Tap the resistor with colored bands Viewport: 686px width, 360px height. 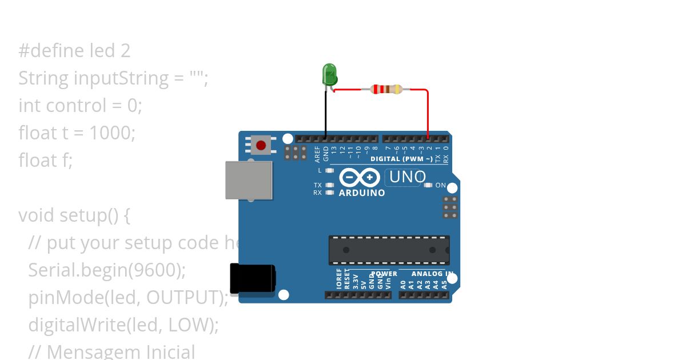coord(386,89)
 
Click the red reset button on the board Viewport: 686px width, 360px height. coord(262,145)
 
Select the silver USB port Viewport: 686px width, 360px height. coord(248,180)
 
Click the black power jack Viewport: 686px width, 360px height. coord(252,278)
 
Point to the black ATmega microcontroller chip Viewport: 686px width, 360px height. coord(389,250)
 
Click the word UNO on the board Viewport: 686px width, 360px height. coord(407,177)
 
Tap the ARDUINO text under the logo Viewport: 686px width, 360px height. coord(362,193)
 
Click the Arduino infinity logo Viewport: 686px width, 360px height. coord(360,178)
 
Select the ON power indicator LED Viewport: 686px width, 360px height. coord(428,185)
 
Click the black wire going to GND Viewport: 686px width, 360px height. coord(326,114)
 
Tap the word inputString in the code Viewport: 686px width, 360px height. coord(121,78)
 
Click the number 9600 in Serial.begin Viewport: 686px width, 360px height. coord(154,270)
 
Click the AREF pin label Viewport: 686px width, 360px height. coord(317,154)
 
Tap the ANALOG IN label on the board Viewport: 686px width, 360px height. coord(432,274)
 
